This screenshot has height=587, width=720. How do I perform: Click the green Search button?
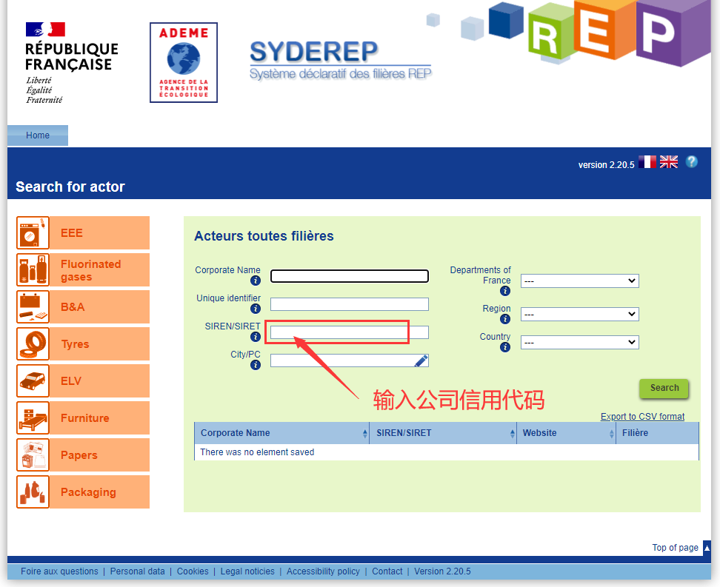(664, 389)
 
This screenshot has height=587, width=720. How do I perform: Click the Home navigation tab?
(38, 135)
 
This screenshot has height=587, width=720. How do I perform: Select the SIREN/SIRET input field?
(349, 332)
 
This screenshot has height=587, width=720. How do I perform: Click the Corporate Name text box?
(349, 276)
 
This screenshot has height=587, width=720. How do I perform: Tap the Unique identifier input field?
(349, 303)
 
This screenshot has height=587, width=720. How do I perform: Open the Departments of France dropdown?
(579, 281)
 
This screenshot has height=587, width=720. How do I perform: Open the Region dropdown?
(579, 314)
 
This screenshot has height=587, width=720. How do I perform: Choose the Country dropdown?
(579, 343)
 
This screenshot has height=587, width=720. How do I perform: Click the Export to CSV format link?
(642, 416)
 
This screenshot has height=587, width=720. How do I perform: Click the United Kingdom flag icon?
(669, 161)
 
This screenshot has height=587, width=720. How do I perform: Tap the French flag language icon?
(647, 161)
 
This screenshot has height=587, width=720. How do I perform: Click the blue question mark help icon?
(692, 161)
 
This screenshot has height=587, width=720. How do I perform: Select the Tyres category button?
(83, 343)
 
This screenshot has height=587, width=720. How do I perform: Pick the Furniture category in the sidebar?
(83, 417)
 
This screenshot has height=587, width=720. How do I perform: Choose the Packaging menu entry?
(83, 492)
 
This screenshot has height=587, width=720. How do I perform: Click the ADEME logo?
(184, 62)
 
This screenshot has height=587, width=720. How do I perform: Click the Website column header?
(539, 433)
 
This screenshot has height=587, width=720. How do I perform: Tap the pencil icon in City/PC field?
(421, 360)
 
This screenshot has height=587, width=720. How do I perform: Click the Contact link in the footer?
(387, 571)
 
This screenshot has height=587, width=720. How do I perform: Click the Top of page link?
(675, 548)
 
